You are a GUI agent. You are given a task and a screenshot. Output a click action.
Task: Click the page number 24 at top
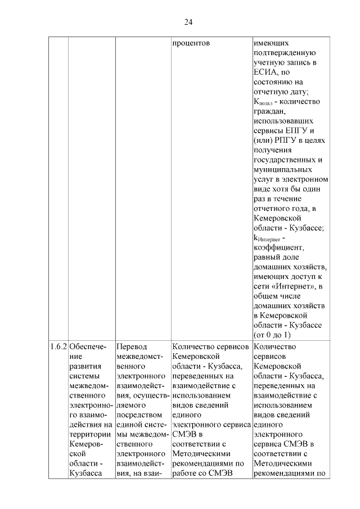pyautogui.click(x=188, y=22)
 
